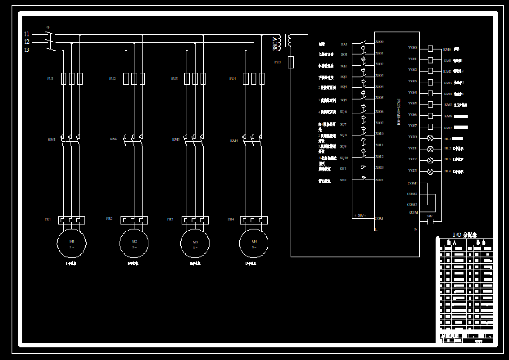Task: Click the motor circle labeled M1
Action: (72, 243)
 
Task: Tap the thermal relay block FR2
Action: (134, 220)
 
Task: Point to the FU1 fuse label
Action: (50, 79)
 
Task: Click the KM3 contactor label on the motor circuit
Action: (176, 139)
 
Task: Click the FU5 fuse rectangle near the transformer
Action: (291, 62)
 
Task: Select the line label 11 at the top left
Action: (27, 34)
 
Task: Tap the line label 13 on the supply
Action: (27, 50)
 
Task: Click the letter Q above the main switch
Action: (48, 27)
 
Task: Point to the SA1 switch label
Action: (344, 44)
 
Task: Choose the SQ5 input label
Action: (344, 100)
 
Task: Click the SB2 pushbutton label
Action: (343, 180)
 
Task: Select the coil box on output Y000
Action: (431, 49)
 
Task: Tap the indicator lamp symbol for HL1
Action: (431, 138)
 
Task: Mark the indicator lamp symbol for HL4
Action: (431, 172)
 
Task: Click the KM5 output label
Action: (447, 104)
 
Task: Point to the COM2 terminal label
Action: (412, 194)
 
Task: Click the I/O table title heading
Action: (465, 234)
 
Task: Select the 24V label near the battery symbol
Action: (429, 216)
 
